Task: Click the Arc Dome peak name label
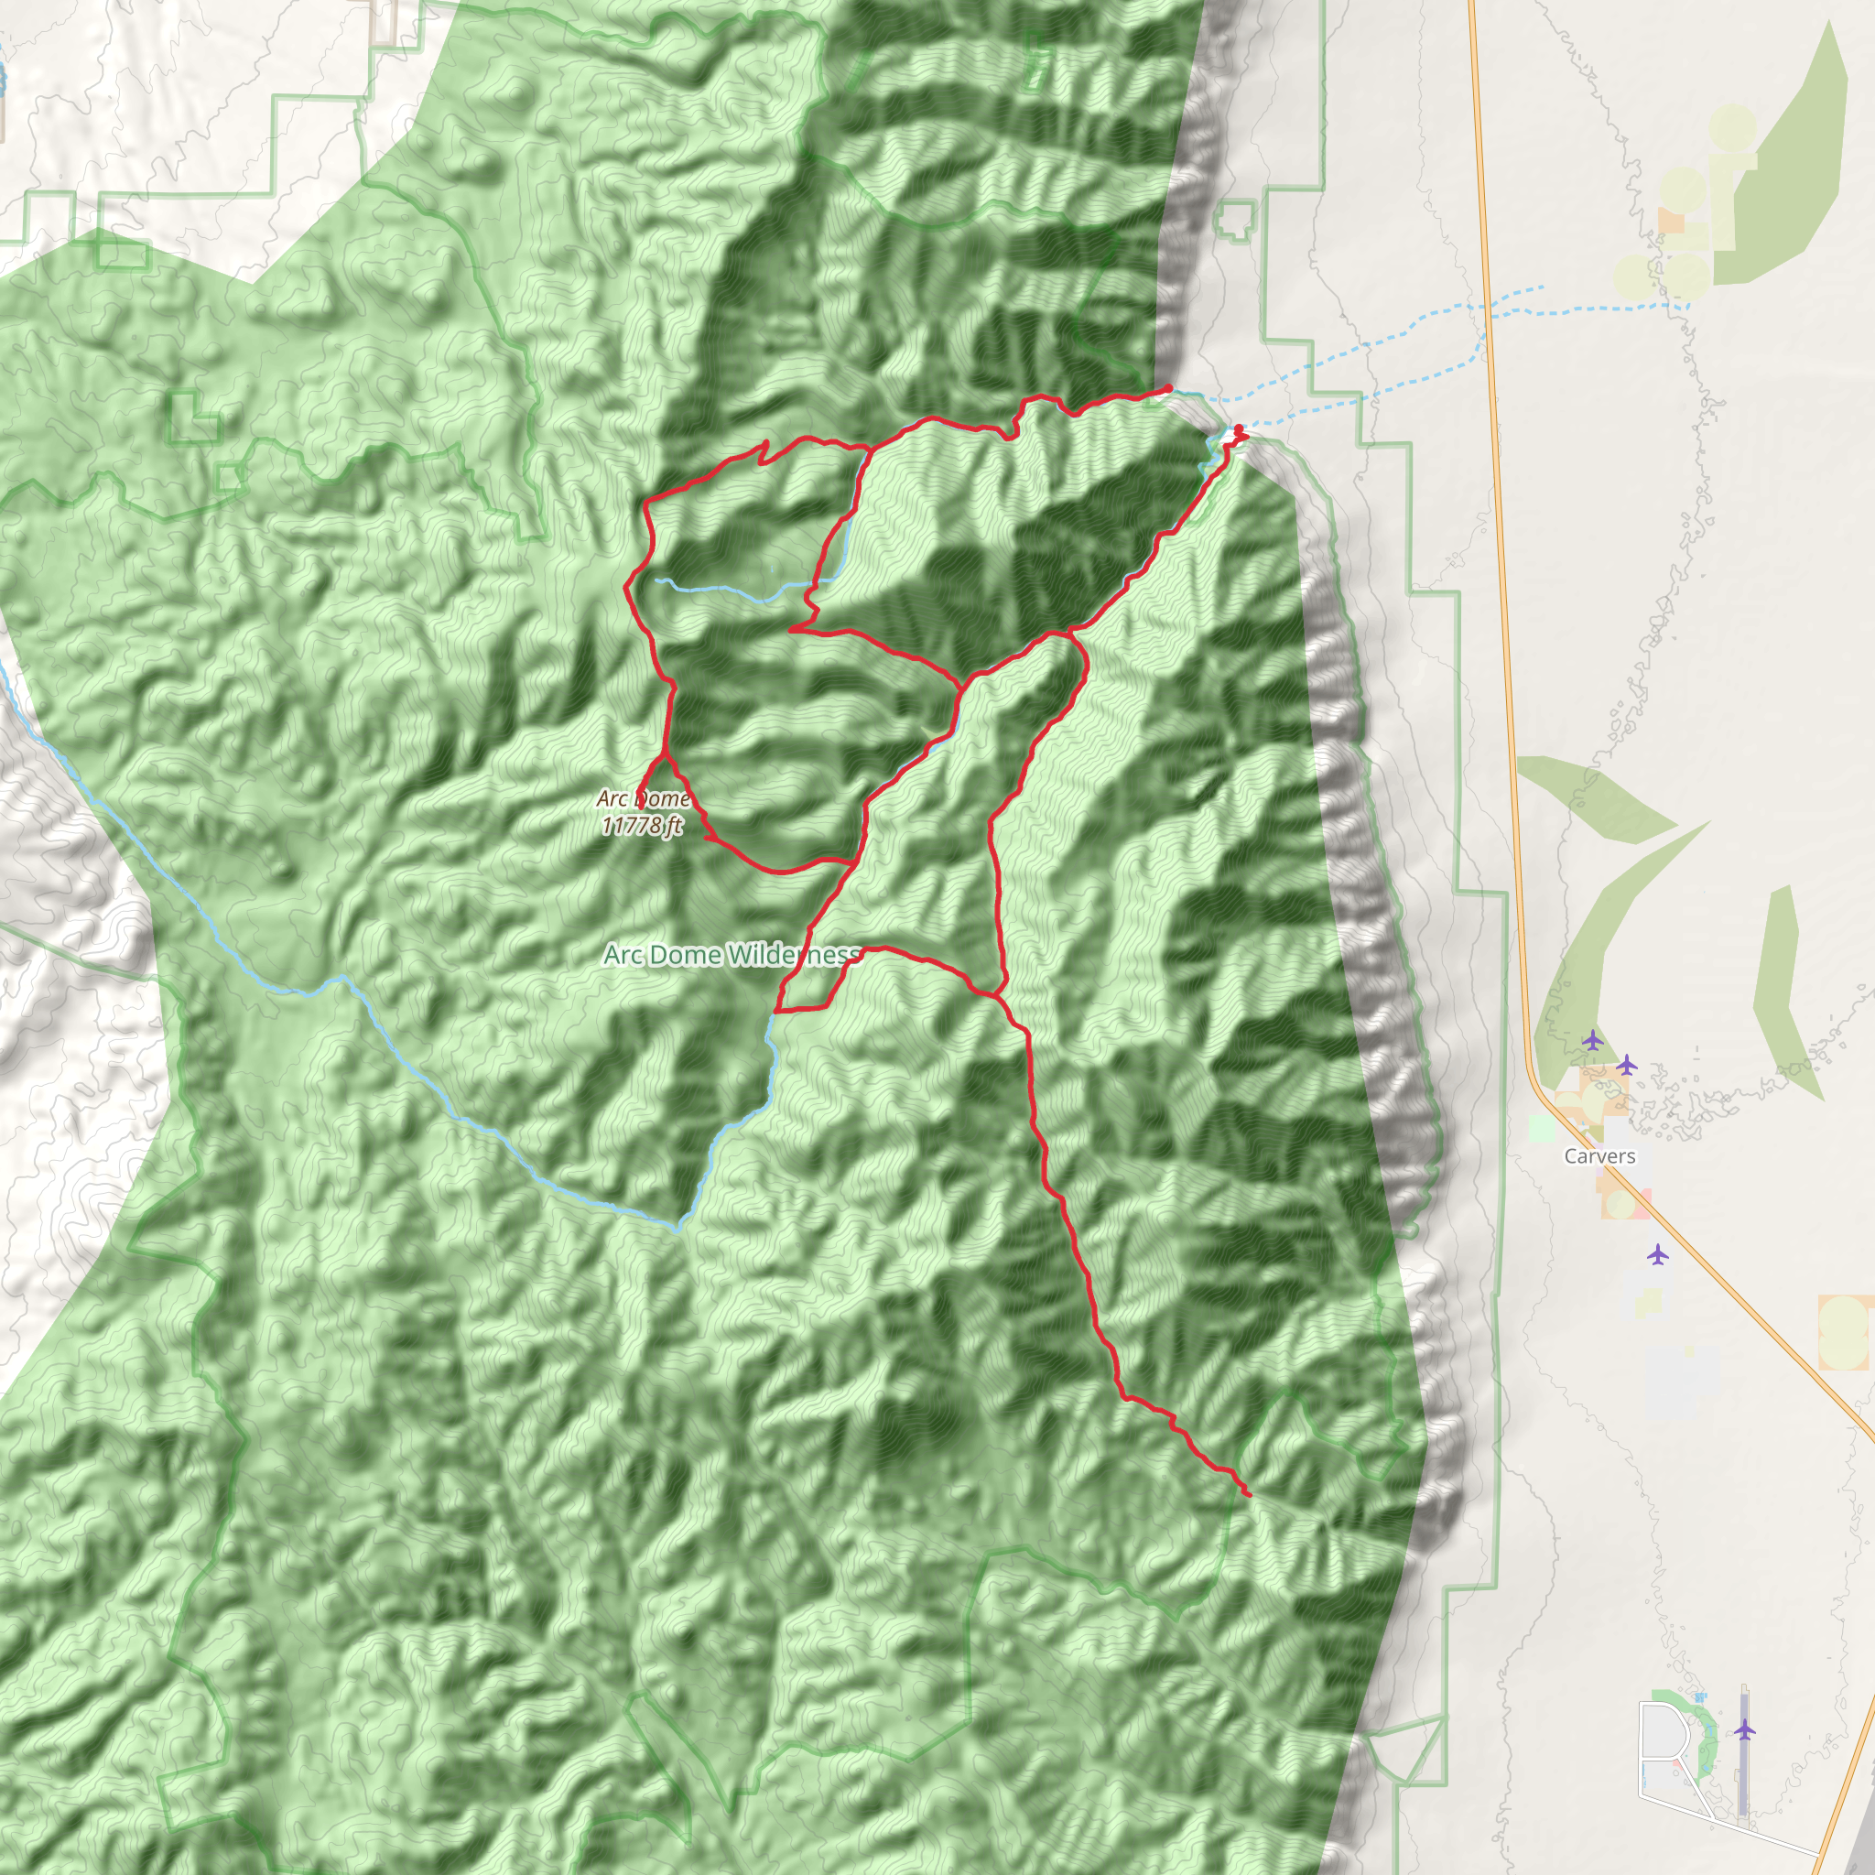click(643, 797)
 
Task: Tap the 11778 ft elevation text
click(642, 825)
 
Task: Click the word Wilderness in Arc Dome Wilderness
click(794, 955)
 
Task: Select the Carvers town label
click(1599, 1156)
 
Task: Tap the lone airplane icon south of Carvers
click(1658, 1255)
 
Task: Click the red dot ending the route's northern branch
click(1168, 389)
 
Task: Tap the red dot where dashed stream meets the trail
click(1238, 429)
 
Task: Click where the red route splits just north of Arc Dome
click(664, 754)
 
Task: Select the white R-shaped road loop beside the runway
click(1662, 1737)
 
